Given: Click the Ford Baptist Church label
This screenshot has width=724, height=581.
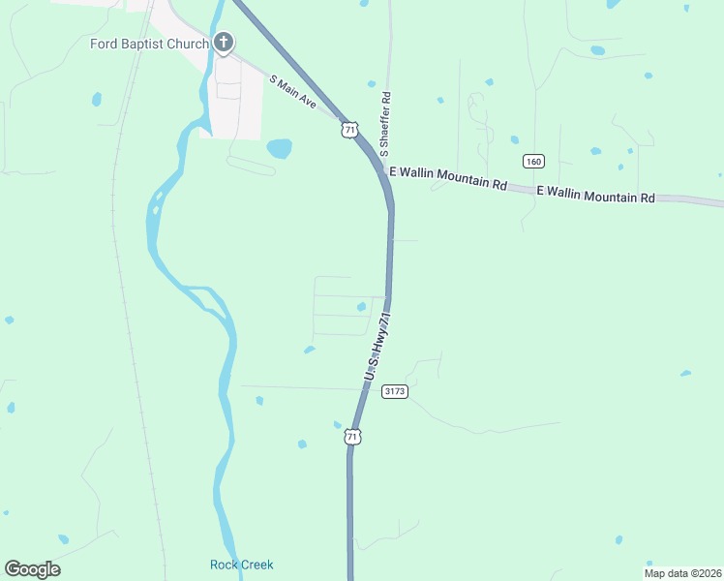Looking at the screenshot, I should [148, 44].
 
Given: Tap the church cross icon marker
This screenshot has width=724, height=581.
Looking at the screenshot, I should [224, 42].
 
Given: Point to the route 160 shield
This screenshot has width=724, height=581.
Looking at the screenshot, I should [533, 160].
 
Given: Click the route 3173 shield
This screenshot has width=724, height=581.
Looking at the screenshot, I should [395, 391].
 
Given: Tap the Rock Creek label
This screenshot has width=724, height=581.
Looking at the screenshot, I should [242, 565].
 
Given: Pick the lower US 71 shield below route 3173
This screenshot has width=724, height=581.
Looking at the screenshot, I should [353, 438].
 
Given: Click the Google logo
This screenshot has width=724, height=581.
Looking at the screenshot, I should [32, 569].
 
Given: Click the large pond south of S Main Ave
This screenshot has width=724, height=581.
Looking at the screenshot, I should [279, 148].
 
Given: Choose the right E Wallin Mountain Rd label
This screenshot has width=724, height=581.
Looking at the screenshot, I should [595, 195].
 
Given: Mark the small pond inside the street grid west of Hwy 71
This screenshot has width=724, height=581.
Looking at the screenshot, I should [361, 307].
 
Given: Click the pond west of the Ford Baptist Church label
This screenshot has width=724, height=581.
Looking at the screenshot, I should [97, 98].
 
